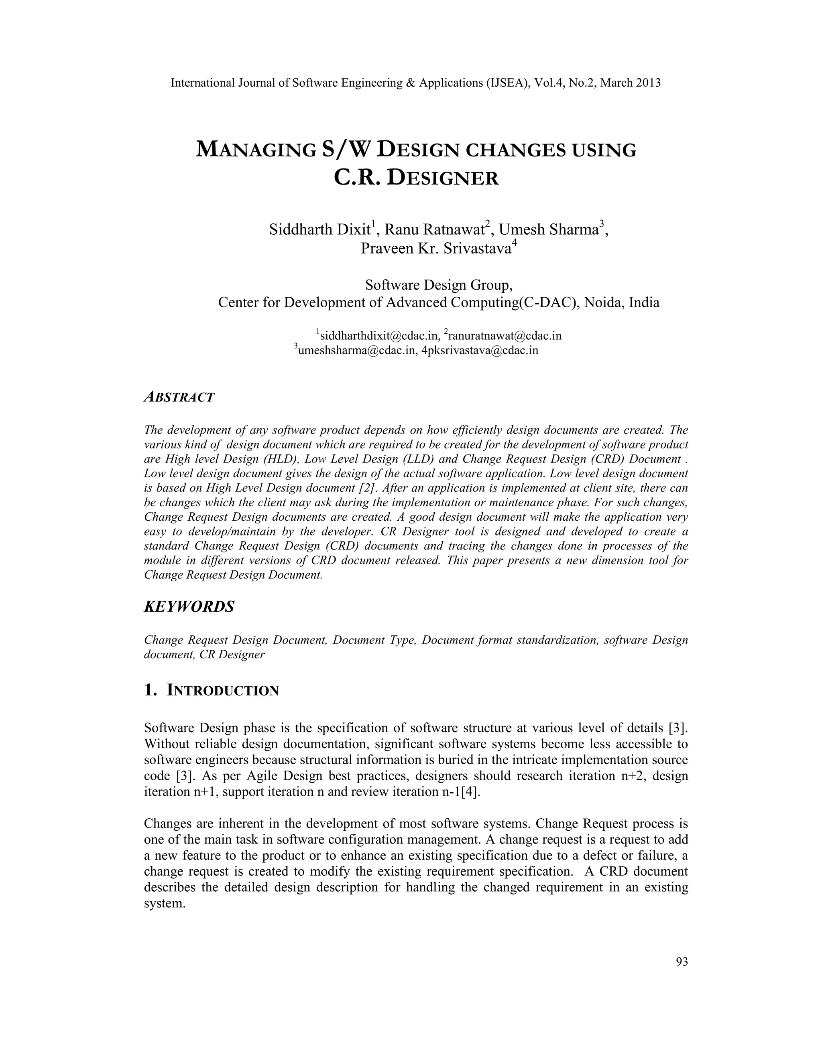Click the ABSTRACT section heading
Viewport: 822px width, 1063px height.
(x=179, y=397)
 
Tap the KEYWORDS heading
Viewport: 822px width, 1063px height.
(x=189, y=607)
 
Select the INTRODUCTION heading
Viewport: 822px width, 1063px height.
(x=222, y=690)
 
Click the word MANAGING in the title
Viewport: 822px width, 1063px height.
(x=256, y=150)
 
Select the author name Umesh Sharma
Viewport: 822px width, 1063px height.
(x=548, y=229)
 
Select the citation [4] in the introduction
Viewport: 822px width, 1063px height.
(x=470, y=792)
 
